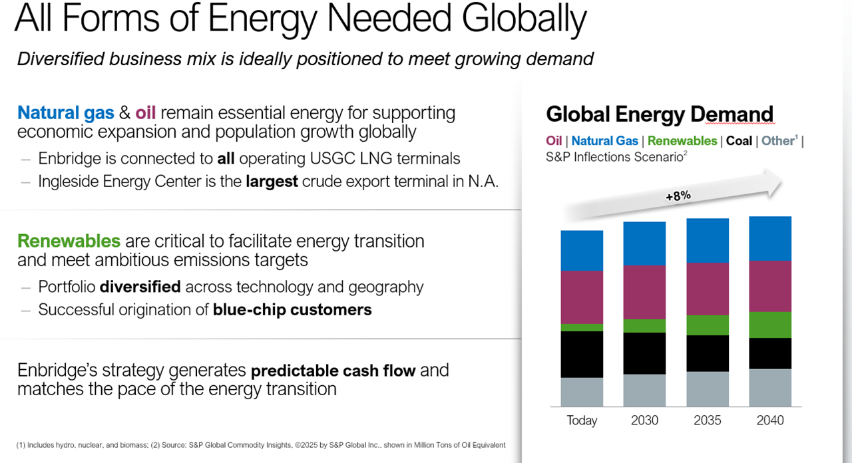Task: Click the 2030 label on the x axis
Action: pyautogui.click(x=644, y=420)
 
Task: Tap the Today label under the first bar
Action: pyautogui.click(x=582, y=420)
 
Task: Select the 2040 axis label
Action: pyautogui.click(x=770, y=420)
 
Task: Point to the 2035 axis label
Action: pyautogui.click(x=707, y=420)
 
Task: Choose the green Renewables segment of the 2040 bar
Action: pyautogui.click(x=770, y=325)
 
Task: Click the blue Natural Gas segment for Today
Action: pyautogui.click(x=582, y=251)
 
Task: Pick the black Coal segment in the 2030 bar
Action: pyautogui.click(x=644, y=353)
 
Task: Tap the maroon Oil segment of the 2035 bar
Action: pyautogui.click(x=707, y=289)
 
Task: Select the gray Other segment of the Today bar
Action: pyautogui.click(x=582, y=392)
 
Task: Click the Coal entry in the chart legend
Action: pyautogui.click(x=739, y=141)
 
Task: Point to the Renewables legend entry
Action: pyautogui.click(x=682, y=141)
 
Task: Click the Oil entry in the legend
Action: pyautogui.click(x=554, y=141)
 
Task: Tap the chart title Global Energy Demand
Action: pyautogui.click(x=660, y=114)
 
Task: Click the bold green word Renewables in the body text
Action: pyautogui.click(x=69, y=241)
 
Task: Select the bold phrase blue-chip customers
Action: pyautogui.click(x=292, y=309)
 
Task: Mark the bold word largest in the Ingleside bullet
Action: pyautogui.click(x=271, y=182)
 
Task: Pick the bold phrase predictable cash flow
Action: pyautogui.click(x=333, y=370)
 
